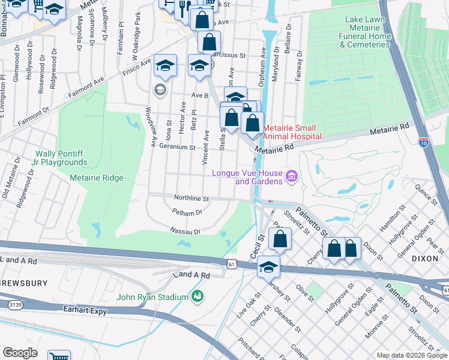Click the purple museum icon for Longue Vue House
(x=292, y=176)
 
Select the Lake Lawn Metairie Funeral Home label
(x=368, y=32)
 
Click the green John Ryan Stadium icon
(x=196, y=296)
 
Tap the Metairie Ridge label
(x=97, y=178)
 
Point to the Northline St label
(x=191, y=198)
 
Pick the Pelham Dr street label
(x=187, y=212)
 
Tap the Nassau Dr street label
(x=185, y=230)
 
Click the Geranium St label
(x=176, y=147)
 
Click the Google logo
(x=20, y=353)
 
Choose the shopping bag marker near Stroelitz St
(x=280, y=238)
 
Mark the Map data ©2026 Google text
(x=412, y=355)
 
